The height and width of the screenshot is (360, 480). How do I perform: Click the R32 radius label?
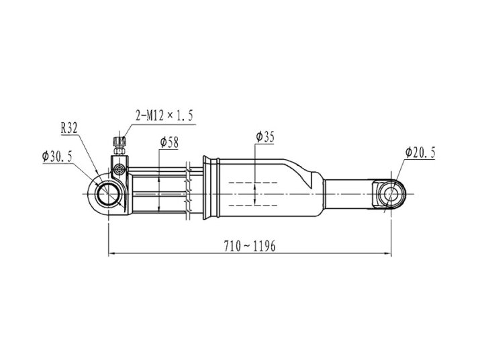pyautogui.click(x=69, y=128)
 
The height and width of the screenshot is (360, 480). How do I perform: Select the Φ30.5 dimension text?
pyautogui.click(x=57, y=156)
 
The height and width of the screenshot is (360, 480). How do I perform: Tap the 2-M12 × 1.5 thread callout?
pyautogui.click(x=164, y=116)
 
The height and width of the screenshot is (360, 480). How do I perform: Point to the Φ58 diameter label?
pyautogui.click(x=169, y=142)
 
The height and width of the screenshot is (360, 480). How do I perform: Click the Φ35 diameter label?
pyautogui.click(x=265, y=137)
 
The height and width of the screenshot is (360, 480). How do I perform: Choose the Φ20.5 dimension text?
pyautogui.click(x=420, y=152)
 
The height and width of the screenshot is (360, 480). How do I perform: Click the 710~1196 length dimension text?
pyautogui.click(x=250, y=246)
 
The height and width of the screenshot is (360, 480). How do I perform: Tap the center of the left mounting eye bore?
pyautogui.click(x=108, y=194)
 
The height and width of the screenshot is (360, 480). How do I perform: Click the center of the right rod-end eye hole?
pyautogui.click(x=391, y=194)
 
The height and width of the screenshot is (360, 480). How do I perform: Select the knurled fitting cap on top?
pyautogui.click(x=119, y=142)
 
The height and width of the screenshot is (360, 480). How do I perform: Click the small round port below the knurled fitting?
pyautogui.click(x=119, y=169)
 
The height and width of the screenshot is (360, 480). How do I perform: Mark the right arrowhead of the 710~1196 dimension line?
pyautogui.click(x=388, y=254)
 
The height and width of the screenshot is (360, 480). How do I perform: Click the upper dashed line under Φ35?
pyautogui.click(x=253, y=183)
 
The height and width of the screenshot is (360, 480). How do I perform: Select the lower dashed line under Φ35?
pyautogui.click(x=253, y=206)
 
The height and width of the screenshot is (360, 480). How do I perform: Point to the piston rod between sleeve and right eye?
pyautogui.click(x=349, y=194)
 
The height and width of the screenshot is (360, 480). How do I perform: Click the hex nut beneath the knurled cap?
pyautogui.click(x=119, y=150)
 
